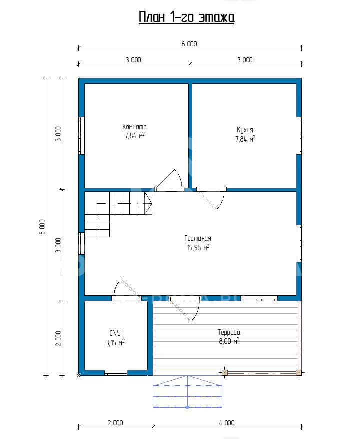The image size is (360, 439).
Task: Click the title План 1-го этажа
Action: [x=186, y=17]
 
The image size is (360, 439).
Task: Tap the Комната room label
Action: [x=134, y=127]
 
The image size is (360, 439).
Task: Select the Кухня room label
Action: [x=245, y=130]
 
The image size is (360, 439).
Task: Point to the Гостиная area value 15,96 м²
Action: [x=198, y=248]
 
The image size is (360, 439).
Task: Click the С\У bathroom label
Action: [x=115, y=333]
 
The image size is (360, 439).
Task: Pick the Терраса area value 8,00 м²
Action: [x=229, y=341]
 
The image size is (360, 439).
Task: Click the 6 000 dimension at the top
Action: [x=189, y=44]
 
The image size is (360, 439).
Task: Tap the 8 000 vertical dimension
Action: [x=42, y=227]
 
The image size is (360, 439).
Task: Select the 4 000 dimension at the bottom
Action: [x=227, y=423]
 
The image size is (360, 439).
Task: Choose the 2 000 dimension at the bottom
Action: [x=115, y=423]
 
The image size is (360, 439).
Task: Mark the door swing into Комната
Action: [x=169, y=181]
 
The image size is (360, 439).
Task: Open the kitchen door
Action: [x=211, y=198]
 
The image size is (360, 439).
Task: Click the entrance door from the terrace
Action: [x=185, y=309]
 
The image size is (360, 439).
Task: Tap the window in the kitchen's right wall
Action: [x=299, y=135]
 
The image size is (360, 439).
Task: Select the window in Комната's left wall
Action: [x=81, y=135]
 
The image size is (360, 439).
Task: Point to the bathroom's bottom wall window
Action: [x=116, y=373]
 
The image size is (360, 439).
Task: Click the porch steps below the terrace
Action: [x=187, y=391]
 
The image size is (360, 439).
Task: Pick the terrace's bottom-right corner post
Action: [x=299, y=373]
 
